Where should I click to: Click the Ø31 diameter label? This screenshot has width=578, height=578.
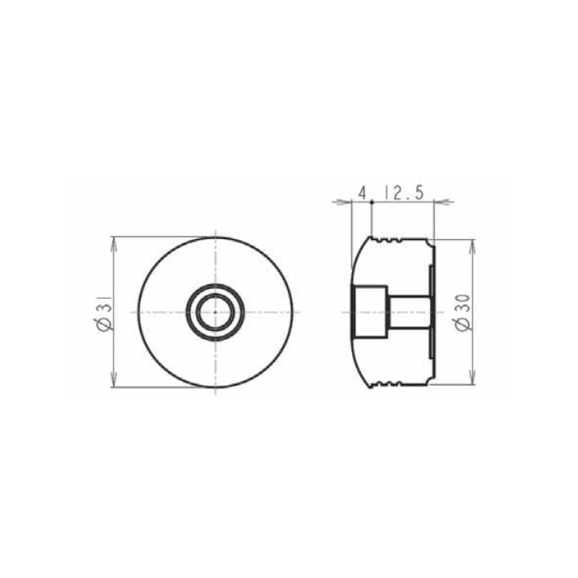105,312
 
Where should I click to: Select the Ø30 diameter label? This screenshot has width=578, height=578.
462,312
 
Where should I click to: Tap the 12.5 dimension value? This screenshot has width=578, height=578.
404,193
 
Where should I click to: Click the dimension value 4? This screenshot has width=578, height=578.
363,193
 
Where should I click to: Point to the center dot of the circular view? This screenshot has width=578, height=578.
215,312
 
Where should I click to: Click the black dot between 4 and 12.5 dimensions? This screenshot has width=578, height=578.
372,202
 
